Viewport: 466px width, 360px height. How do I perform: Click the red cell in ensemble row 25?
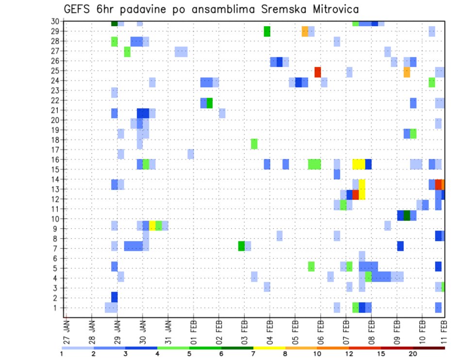point(317,72)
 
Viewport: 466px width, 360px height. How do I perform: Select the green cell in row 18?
point(254,144)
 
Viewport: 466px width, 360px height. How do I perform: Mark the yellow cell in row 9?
point(152,225)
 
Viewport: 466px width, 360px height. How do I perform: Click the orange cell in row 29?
point(305,32)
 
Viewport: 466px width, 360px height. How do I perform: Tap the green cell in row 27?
point(127,51)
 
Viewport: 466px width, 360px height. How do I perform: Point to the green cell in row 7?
point(241,246)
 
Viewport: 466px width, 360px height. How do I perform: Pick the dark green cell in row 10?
point(407,215)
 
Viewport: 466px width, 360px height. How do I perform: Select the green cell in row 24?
point(432,82)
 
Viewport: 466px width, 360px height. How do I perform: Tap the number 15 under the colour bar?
point(381,354)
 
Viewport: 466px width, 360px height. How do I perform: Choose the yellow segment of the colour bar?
point(269,348)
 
